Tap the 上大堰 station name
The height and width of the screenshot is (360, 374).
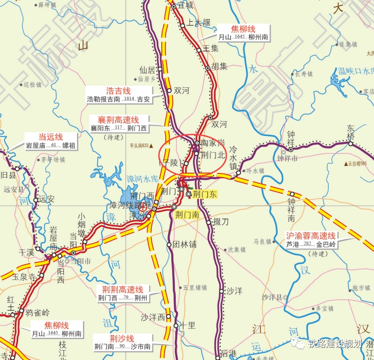199,23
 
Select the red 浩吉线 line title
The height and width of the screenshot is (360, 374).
118,91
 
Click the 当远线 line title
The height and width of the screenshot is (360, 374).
50,137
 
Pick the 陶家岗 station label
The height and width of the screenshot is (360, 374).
213,143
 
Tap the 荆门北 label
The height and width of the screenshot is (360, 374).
212,154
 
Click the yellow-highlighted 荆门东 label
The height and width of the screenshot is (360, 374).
205,194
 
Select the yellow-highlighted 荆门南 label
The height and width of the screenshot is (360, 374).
187,215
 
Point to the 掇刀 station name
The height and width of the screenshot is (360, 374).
221,222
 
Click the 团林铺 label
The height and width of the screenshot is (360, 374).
184,245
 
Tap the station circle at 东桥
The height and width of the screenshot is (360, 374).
350,144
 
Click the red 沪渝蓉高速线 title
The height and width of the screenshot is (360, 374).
311,235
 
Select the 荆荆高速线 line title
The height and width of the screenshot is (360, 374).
122,289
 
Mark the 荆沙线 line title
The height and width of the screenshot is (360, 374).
122,338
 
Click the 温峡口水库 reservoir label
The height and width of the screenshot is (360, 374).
356,71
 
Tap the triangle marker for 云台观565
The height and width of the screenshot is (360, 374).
346,163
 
